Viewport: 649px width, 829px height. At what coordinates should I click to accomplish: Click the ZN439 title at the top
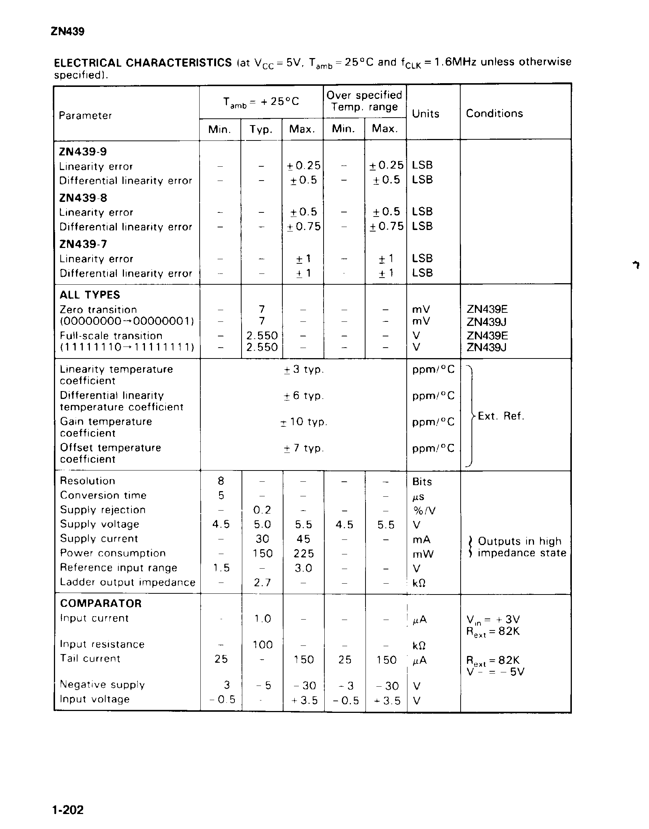pyautogui.click(x=67, y=31)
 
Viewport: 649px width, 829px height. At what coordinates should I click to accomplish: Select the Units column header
pyautogui.click(x=425, y=114)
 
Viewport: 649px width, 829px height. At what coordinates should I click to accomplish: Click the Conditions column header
pyautogui.click(x=494, y=113)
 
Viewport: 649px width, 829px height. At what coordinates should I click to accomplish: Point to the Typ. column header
pyautogui.click(x=261, y=130)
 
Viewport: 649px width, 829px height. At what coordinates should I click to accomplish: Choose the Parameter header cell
pyautogui.click(x=85, y=115)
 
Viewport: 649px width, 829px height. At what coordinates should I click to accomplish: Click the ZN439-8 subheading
pyautogui.click(x=83, y=198)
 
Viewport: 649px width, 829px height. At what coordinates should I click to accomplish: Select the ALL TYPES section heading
pyautogui.click(x=90, y=295)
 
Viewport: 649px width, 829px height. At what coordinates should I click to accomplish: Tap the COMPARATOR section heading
pyautogui.click(x=101, y=603)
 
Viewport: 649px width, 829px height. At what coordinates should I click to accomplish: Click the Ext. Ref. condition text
pyautogui.click(x=501, y=416)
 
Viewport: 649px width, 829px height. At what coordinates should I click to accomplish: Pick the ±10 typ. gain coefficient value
pyautogui.click(x=304, y=422)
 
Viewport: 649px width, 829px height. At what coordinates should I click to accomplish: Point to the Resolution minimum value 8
pyautogui.click(x=221, y=481)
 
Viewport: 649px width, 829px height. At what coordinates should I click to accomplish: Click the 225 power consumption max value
pyautogui.click(x=304, y=553)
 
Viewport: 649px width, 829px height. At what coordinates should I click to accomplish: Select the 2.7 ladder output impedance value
pyautogui.click(x=262, y=582)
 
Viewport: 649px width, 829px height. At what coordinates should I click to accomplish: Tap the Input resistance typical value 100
pyautogui.click(x=263, y=645)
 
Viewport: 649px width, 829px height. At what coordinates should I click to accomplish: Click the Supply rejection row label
pyautogui.click(x=103, y=510)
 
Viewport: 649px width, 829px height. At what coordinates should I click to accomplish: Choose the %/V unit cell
pyautogui.click(x=424, y=511)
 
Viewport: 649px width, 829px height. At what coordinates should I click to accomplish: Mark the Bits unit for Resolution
pyautogui.click(x=422, y=482)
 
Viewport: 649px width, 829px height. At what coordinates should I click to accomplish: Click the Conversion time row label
pyautogui.click(x=103, y=495)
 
